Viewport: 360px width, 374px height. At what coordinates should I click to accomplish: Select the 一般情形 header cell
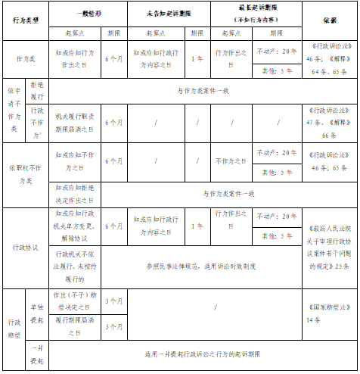(88, 14)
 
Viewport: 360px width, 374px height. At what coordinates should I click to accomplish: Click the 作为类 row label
(26, 58)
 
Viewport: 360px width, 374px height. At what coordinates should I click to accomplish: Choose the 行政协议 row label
(26, 247)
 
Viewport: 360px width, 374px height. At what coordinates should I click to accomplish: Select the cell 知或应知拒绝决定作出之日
(76, 194)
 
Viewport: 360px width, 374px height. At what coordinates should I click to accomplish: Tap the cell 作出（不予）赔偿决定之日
(76, 301)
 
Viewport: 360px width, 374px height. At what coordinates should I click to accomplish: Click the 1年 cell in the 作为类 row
(198, 58)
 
